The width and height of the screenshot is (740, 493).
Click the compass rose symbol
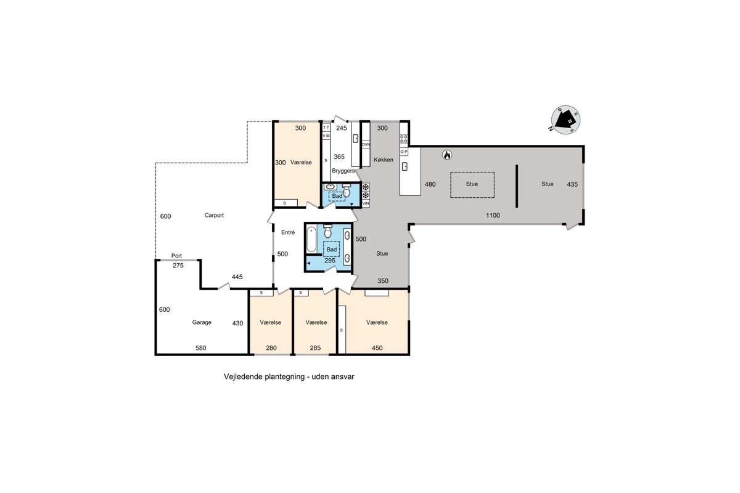pyautogui.click(x=565, y=120)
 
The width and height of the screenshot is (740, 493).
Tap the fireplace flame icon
pyautogui.click(x=447, y=155)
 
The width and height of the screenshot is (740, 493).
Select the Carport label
pyautogui.click(x=214, y=215)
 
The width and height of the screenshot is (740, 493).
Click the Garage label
pyautogui.click(x=202, y=322)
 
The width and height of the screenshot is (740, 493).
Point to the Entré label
pyautogui.click(x=288, y=232)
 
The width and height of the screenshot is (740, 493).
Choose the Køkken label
pyautogui.click(x=384, y=160)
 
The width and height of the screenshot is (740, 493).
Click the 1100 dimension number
pyautogui.click(x=493, y=216)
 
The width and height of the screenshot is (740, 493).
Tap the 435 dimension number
pyautogui.click(x=572, y=185)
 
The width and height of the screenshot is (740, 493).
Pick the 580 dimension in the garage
pyautogui.click(x=201, y=348)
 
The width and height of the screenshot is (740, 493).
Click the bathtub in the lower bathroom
pyautogui.click(x=311, y=238)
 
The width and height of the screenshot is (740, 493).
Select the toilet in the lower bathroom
pyautogui.click(x=327, y=231)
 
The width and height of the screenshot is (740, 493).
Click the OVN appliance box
pyautogui.click(x=366, y=145)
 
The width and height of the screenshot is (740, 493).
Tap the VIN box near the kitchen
pyautogui.click(x=365, y=203)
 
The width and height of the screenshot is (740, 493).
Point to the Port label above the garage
pyautogui.click(x=176, y=256)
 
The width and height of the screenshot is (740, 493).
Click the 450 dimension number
pyautogui.click(x=377, y=348)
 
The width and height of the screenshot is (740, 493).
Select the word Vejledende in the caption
pyautogui.click(x=243, y=377)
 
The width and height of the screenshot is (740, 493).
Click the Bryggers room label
pyautogui.click(x=343, y=171)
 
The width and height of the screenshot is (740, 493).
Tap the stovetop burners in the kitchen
pyautogui.click(x=404, y=139)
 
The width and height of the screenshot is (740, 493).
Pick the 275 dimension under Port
pyautogui.click(x=178, y=266)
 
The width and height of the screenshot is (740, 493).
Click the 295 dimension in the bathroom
pyautogui.click(x=330, y=261)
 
